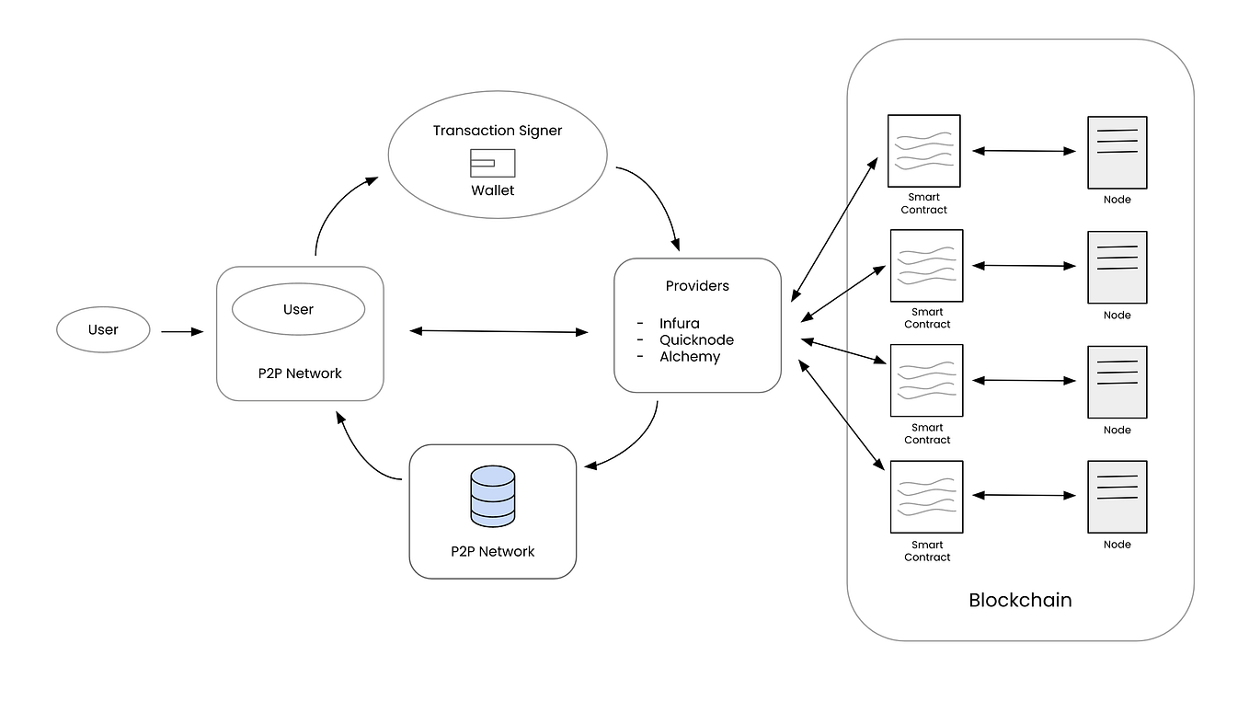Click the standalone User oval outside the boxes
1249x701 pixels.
click(103, 329)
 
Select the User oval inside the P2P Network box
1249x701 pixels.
click(298, 309)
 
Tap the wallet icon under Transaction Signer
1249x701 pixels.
click(492, 163)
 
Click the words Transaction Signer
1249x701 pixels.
click(498, 131)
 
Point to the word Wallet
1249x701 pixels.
click(493, 190)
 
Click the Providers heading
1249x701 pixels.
click(697, 286)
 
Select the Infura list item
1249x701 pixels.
click(679, 324)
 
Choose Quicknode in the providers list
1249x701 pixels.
click(696, 340)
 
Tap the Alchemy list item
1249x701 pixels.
click(689, 357)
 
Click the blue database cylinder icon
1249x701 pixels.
click(493, 497)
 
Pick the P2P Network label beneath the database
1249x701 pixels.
click(492, 552)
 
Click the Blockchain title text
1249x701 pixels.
click(1020, 601)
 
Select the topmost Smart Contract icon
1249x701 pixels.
click(923, 151)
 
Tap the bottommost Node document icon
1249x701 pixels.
click(1117, 497)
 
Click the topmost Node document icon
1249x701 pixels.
click(1117, 152)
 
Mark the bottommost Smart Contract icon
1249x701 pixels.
click(926, 497)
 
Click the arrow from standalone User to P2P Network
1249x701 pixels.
click(181, 331)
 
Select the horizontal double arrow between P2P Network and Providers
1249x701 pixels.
click(498, 331)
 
